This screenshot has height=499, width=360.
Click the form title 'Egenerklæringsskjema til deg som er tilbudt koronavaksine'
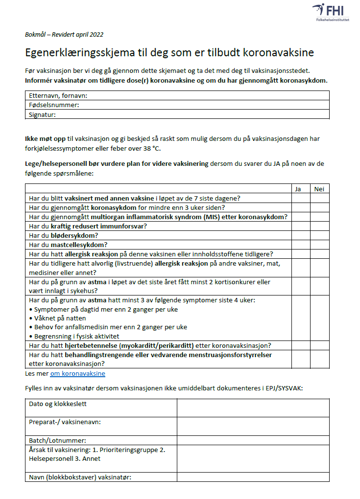click(169, 52)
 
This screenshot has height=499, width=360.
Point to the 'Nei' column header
click(319, 189)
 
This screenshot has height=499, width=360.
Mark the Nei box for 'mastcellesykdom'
click(319, 245)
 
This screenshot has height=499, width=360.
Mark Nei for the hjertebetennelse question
click(319, 345)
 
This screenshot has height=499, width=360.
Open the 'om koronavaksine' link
click(77, 374)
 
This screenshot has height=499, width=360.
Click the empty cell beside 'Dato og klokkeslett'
click(253, 408)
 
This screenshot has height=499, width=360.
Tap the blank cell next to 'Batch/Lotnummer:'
click(253, 440)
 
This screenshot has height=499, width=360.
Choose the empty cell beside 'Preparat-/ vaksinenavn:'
click(253, 426)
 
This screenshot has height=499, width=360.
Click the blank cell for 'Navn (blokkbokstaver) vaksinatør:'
click(253, 477)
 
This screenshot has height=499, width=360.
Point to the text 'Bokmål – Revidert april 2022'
click(64, 34)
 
